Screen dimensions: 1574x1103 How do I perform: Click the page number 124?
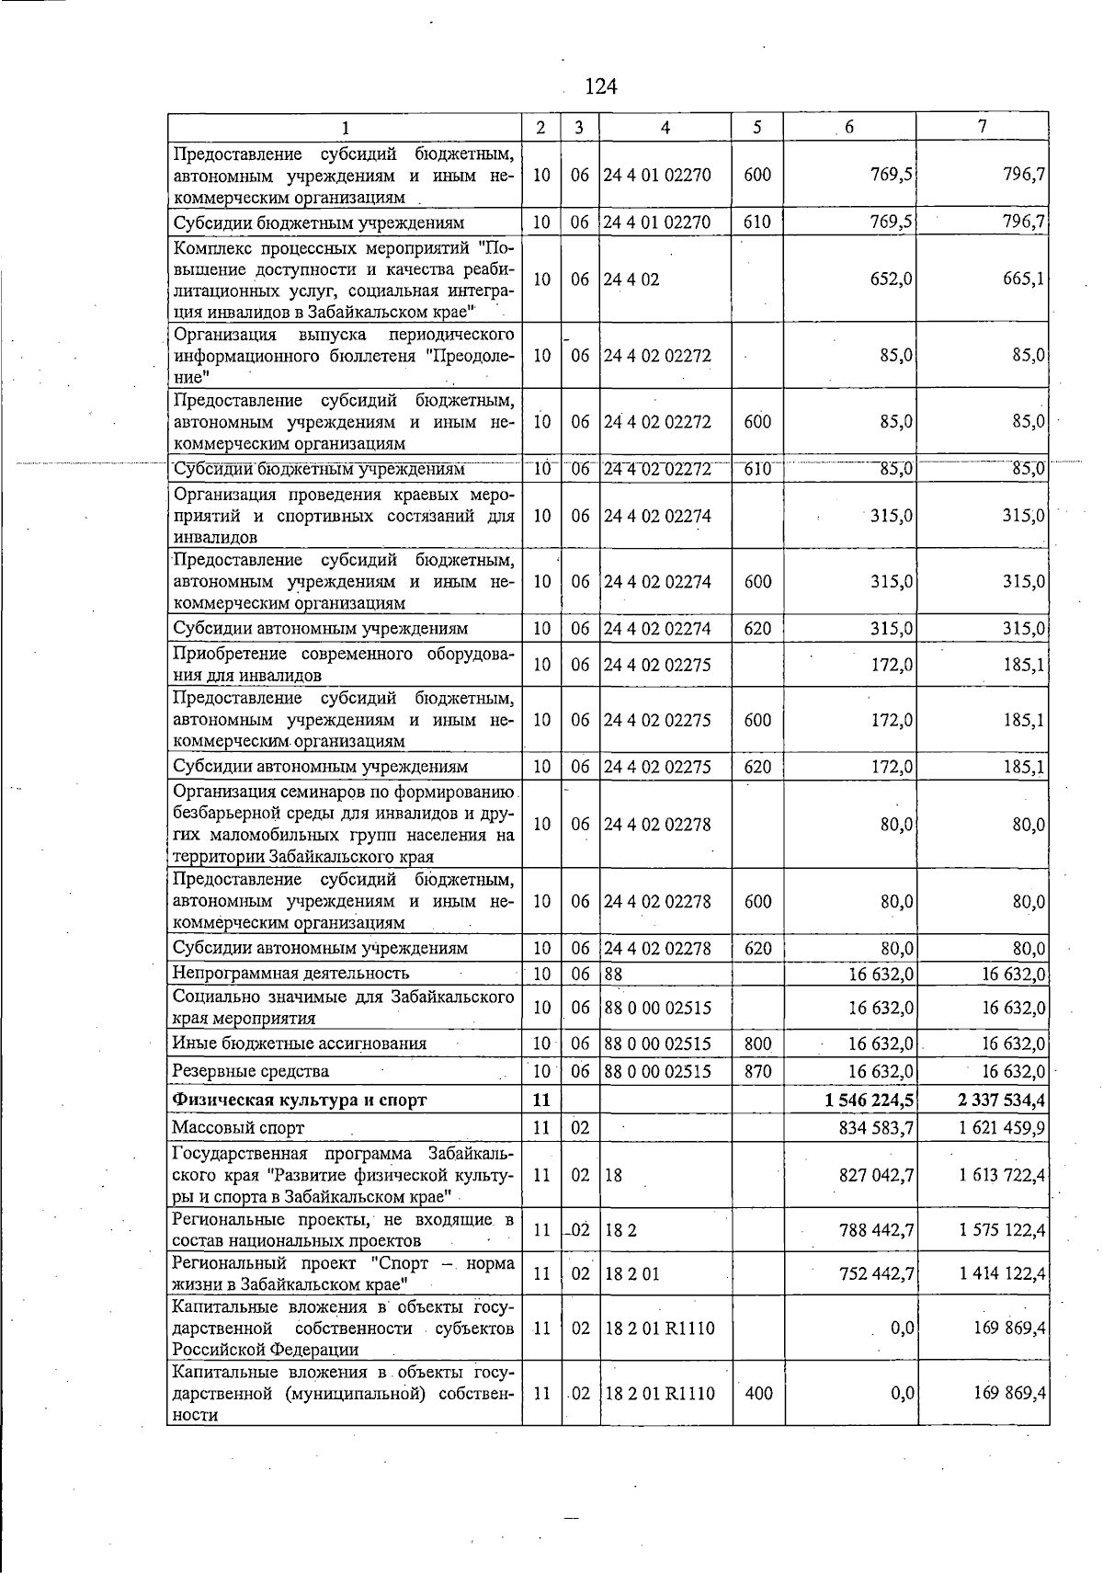pyautogui.click(x=600, y=86)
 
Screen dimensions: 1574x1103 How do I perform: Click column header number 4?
pyautogui.click(x=665, y=128)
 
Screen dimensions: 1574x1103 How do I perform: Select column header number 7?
pyautogui.click(x=983, y=127)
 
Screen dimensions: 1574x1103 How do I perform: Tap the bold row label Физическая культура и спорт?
pyautogui.click(x=300, y=1100)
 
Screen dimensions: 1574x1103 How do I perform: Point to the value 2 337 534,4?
pyautogui.click(x=995, y=1100)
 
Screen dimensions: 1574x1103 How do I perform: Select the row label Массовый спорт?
pyautogui.click(x=238, y=1127)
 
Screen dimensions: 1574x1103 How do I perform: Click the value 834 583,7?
pyautogui.click(x=876, y=1127)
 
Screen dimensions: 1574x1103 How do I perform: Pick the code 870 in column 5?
pyautogui.click(x=757, y=1071)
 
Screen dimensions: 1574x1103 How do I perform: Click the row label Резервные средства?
pyautogui.click(x=250, y=1071)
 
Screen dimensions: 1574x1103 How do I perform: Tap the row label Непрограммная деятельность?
pyautogui.click(x=290, y=973)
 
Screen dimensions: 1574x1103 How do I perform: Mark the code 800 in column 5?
pyautogui.click(x=757, y=1044)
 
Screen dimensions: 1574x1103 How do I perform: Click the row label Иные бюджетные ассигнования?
pyautogui.click(x=300, y=1044)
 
